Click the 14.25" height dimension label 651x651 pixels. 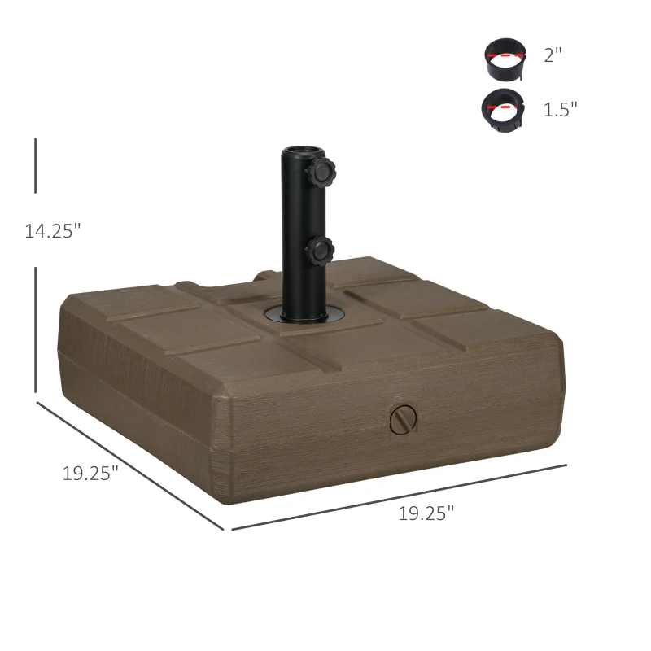[53, 231]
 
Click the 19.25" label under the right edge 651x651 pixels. [426, 513]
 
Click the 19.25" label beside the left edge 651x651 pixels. [90, 473]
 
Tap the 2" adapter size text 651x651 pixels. [553, 55]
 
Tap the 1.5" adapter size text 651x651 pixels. [560, 110]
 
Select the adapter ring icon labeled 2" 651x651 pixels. [505, 59]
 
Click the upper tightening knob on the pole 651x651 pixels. [321, 172]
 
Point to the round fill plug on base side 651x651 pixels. [403, 419]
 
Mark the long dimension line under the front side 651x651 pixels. [399, 497]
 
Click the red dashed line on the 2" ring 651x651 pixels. [505, 55]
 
